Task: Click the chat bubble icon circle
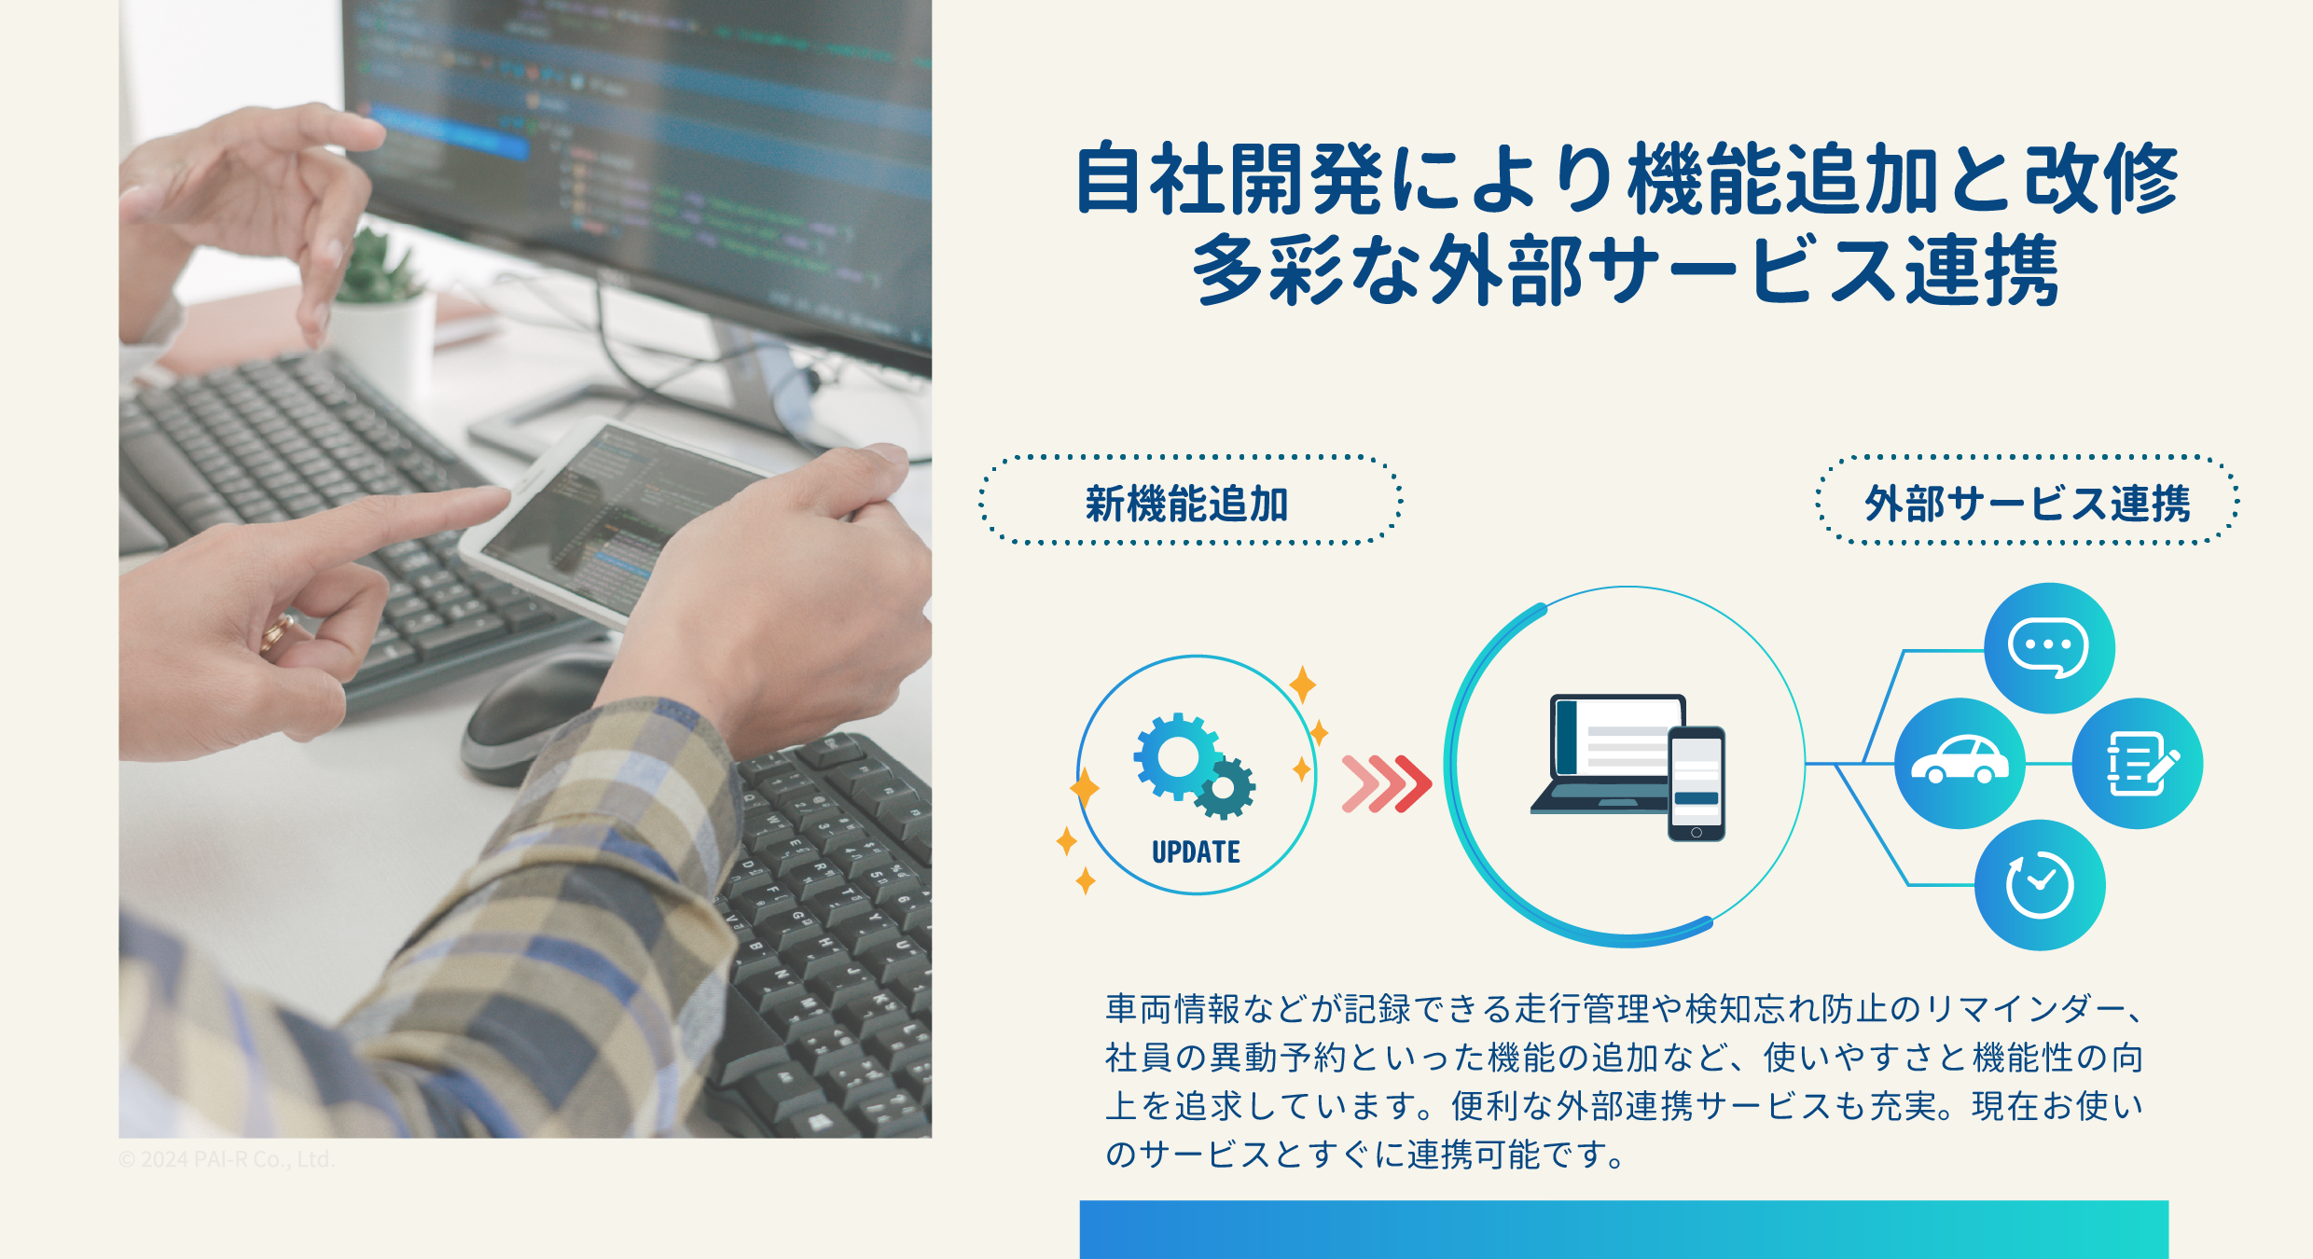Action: pos(2048,648)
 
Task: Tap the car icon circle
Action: pos(1960,763)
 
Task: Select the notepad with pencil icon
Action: pos(2138,763)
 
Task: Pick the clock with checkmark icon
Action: pos(2040,885)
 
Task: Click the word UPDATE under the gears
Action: pos(1196,852)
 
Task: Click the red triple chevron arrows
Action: pos(1386,783)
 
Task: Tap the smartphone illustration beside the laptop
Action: pos(1697,783)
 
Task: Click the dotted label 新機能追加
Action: pos(1188,504)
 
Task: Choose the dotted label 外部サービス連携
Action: pos(2027,504)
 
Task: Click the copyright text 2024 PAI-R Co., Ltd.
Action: pos(227,1159)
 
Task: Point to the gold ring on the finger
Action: pos(277,633)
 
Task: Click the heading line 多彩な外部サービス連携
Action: pos(1625,270)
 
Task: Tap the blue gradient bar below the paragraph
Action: pos(1623,1229)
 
